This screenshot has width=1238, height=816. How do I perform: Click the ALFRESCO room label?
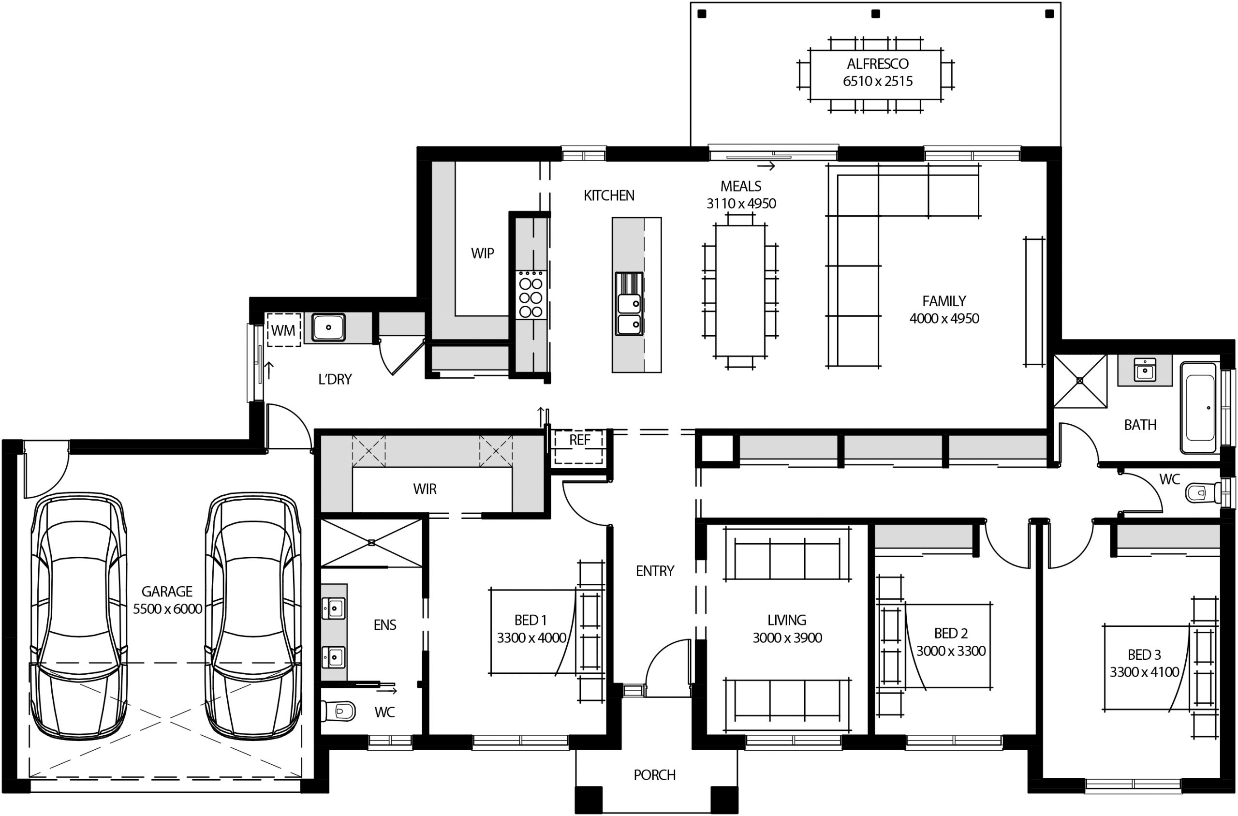coord(878,64)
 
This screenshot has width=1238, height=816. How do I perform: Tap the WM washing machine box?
coord(283,330)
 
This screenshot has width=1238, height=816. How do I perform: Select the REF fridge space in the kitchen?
coord(579,440)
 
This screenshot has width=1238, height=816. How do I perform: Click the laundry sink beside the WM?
coord(328,327)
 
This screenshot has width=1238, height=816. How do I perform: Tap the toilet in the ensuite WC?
coord(339,711)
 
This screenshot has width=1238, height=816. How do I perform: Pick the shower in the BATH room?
coord(1080,381)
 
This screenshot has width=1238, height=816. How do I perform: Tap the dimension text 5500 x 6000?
coord(167,609)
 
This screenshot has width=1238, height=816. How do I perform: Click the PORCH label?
coord(654,775)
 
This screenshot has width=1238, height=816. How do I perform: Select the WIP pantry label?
coord(482,253)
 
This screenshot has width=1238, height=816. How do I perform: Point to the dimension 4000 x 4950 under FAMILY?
coord(944,318)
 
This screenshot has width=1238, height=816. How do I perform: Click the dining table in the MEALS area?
coord(740,290)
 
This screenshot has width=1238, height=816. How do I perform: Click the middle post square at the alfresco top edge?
coord(875,14)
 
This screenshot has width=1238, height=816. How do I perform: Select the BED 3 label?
coord(1144,654)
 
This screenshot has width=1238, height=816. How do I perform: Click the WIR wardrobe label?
coord(425,489)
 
